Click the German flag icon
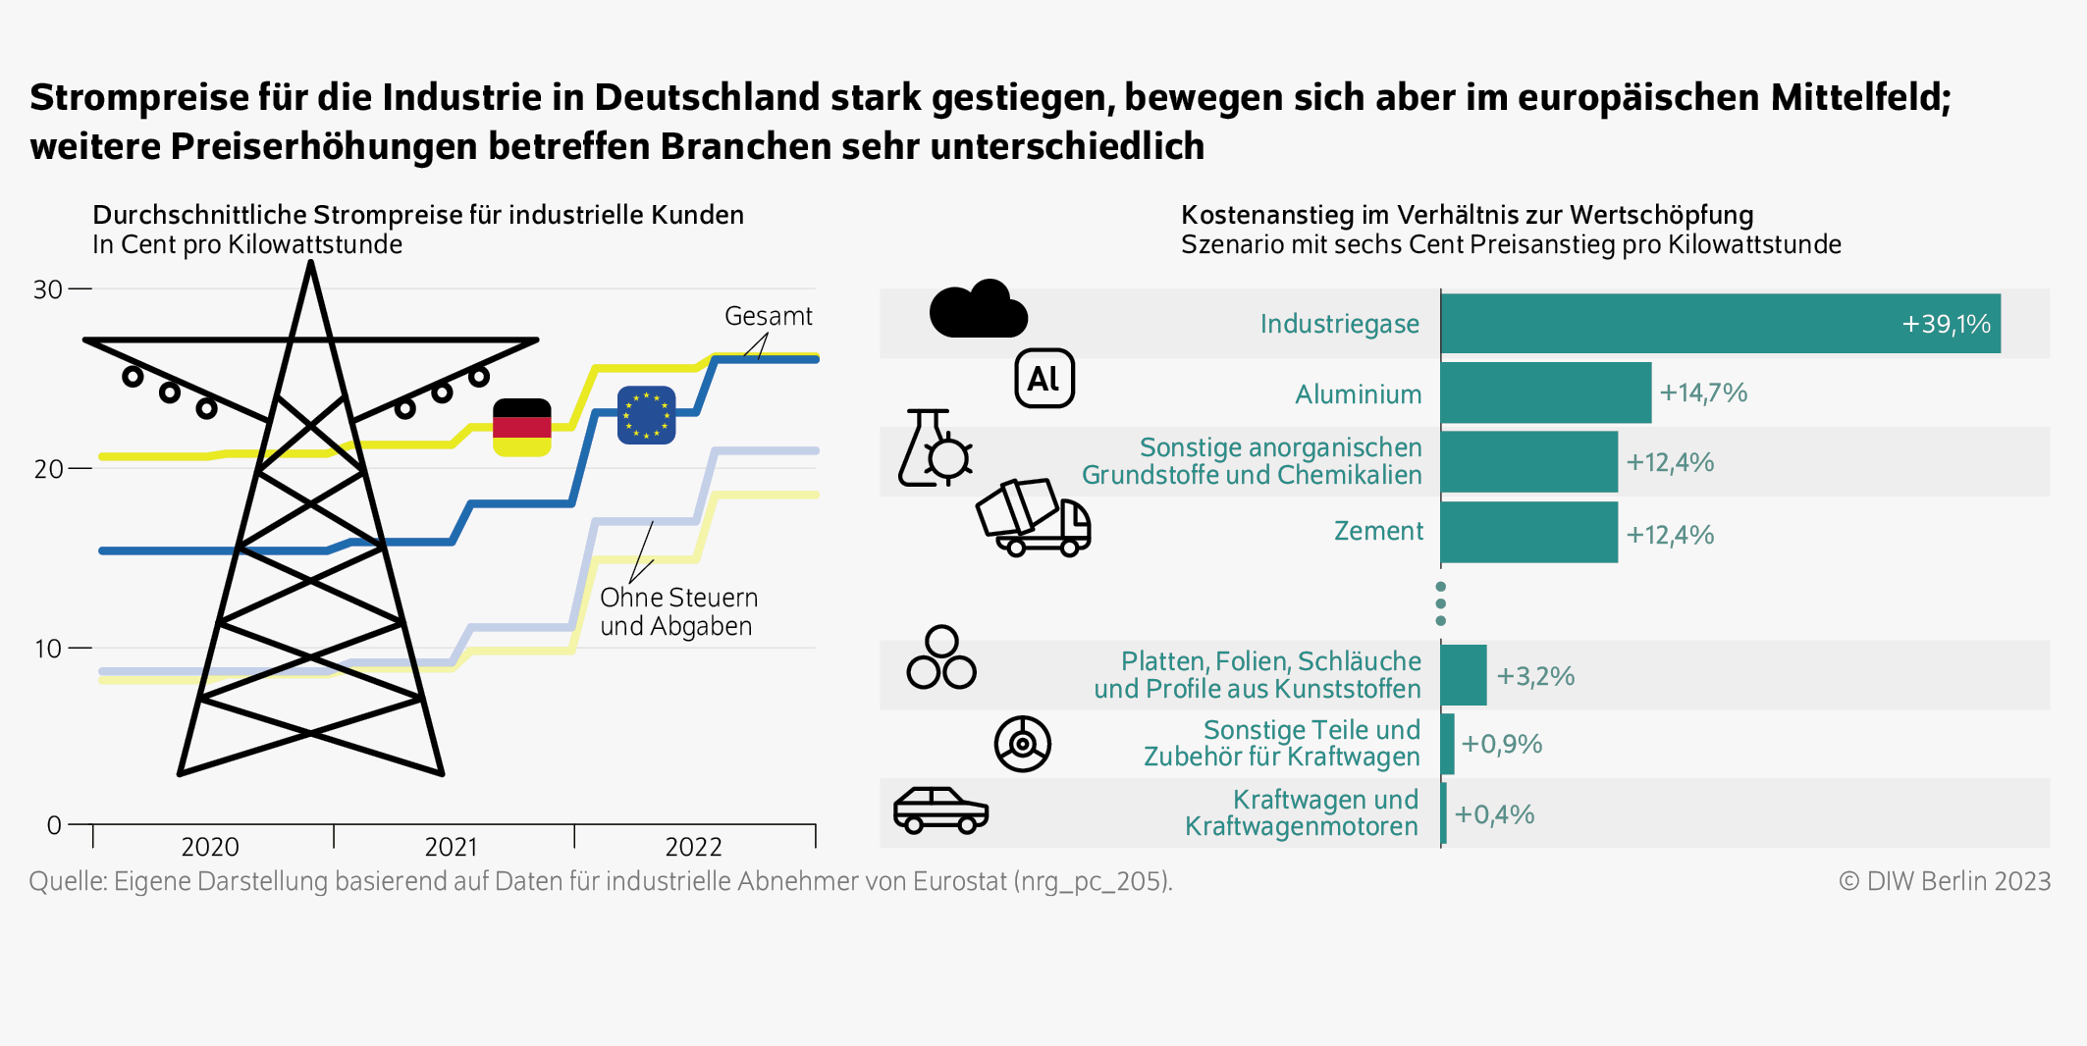(x=521, y=427)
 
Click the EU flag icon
(x=646, y=414)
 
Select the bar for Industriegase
(x=1719, y=324)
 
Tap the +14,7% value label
(x=1702, y=393)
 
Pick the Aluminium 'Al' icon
(x=1043, y=378)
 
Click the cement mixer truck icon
(x=1033, y=517)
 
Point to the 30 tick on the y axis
(x=48, y=289)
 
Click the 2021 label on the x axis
(x=451, y=846)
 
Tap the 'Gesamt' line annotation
(x=768, y=316)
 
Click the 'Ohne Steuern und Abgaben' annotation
(x=677, y=611)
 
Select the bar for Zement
(x=1528, y=533)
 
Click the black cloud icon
(x=978, y=309)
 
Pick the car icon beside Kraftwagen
(x=940, y=811)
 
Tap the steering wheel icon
(x=1022, y=744)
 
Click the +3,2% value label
(x=1534, y=676)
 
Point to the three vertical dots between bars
(x=1440, y=603)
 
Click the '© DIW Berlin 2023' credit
(x=1944, y=881)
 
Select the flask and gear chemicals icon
(x=934, y=449)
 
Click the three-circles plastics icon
(x=940, y=658)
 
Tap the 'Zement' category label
(x=1377, y=531)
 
